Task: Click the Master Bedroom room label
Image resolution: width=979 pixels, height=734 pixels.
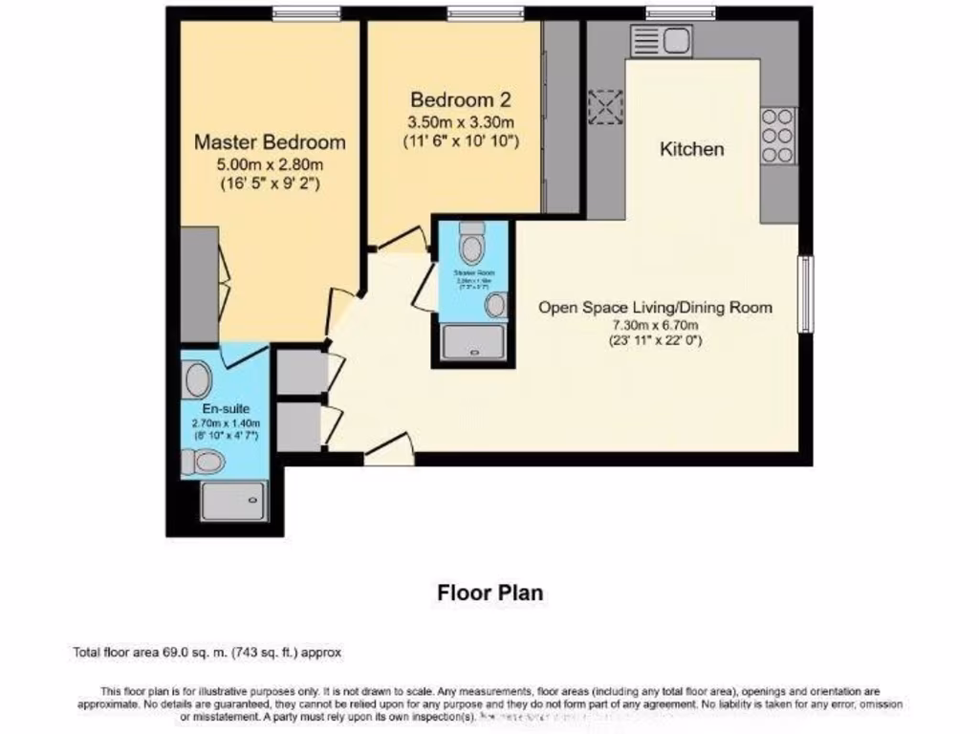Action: (270, 142)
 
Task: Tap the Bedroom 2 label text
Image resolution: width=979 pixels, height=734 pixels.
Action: (461, 99)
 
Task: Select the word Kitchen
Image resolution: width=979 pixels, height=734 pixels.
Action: (692, 149)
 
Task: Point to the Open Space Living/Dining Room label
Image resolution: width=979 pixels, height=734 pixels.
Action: (655, 308)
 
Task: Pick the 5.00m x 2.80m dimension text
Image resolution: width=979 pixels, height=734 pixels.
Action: (270, 164)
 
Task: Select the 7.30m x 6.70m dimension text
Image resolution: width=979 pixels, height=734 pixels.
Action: (655, 325)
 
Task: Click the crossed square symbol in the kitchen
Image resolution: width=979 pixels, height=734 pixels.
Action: (605, 107)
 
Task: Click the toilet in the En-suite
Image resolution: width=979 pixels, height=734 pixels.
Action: (203, 464)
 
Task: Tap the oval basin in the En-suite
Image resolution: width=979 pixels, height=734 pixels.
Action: (198, 379)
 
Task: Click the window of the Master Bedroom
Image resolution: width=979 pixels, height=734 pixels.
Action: (305, 12)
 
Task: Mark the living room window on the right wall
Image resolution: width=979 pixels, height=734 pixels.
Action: (805, 294)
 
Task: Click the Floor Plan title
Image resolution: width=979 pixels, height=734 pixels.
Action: (489, 593)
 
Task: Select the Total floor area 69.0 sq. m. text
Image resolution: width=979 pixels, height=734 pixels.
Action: (207, 653)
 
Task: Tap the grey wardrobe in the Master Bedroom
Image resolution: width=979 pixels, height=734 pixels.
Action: (199, 284)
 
